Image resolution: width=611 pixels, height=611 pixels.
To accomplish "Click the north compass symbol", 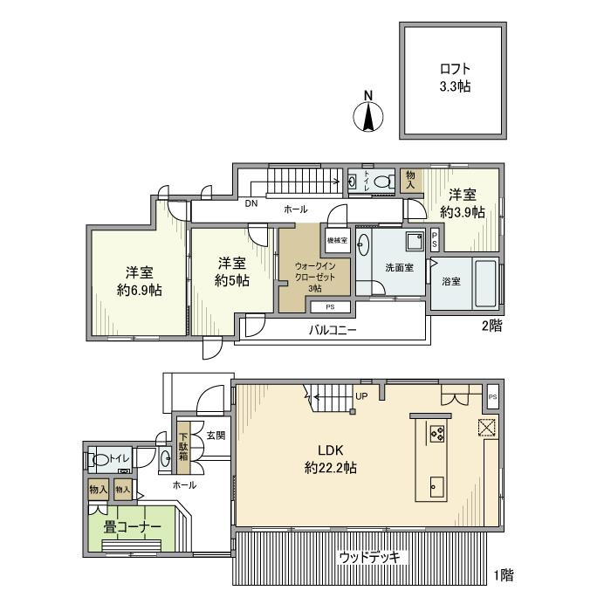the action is point(368,112).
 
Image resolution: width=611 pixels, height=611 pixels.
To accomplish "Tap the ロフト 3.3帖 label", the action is point(455,78).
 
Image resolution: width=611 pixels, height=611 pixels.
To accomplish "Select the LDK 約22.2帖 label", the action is point(331,459).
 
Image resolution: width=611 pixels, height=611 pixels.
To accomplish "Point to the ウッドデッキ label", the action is point(369,557).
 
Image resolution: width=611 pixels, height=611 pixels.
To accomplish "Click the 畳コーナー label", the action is point(133,527).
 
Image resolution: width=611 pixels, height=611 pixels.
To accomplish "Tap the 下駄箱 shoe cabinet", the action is point(182,447).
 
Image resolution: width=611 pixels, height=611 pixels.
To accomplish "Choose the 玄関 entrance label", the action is point(216,436).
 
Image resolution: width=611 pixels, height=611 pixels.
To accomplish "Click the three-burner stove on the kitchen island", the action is point(437,433).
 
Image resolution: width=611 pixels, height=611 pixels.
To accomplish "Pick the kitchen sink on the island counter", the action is point(436,487).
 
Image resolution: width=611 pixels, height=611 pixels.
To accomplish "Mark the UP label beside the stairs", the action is point(361,396).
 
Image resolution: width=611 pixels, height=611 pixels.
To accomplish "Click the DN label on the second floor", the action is point(251,203).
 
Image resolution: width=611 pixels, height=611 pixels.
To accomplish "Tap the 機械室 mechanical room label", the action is point(337,240).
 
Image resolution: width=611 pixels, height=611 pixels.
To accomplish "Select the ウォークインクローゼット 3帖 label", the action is point(315,277).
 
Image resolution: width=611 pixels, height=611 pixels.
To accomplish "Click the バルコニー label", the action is point(333,331).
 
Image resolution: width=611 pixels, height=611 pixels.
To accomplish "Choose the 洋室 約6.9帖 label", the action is point(140,281).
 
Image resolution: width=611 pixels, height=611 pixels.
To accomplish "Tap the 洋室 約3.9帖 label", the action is point(463,203).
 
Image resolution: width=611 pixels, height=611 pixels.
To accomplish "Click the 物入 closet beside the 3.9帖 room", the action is point(410,180).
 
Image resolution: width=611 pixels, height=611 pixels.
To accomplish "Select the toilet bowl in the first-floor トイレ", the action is point(100,460).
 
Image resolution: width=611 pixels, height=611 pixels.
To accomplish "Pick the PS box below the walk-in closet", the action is point(331,307).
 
